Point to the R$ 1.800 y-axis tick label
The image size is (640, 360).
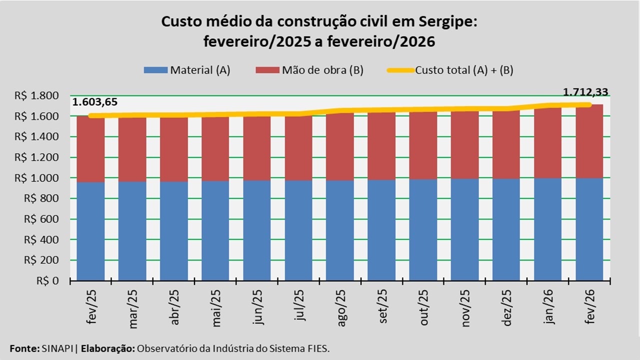point(44,95)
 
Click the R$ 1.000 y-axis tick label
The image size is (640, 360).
point(44,178)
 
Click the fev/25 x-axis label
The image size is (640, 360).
point(91,306)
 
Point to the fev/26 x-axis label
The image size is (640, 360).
point(590,306)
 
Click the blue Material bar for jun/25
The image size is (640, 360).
point(257,230)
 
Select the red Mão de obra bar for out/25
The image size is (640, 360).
point(423,145)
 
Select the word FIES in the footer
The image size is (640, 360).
point(318,348)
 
